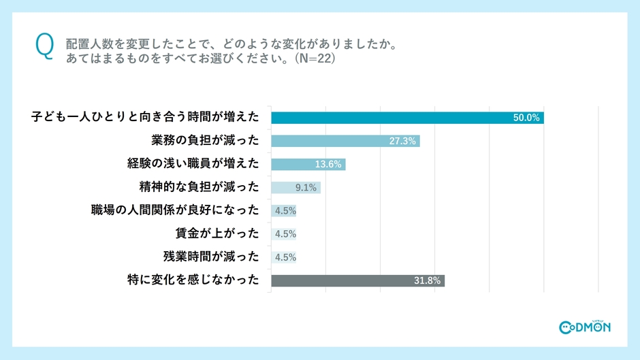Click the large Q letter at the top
[43, 47]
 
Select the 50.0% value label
[526, 118]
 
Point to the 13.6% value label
[329, 164]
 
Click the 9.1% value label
[305, 187]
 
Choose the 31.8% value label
[428, 280]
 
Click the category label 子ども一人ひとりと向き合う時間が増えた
[145, 118]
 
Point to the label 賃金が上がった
[217, 233]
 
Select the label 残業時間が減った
[211, 257]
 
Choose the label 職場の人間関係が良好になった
[175, 210]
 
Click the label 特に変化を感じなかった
[193, 280]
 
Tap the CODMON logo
[584, 327]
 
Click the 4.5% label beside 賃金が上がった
[285, 234]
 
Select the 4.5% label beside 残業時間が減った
[285, 257]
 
